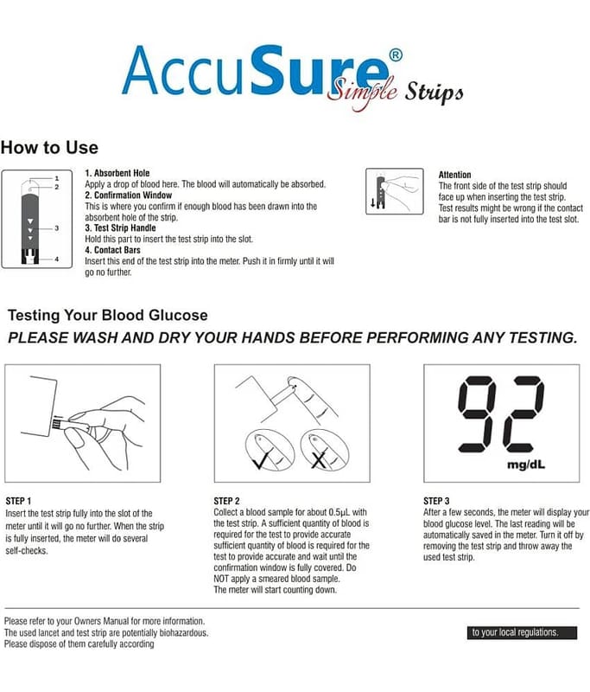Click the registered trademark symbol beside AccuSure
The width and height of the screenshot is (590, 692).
(x=396, y=55)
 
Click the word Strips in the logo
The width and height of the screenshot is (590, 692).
(x=434, y=93)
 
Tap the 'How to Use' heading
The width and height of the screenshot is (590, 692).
(x=49, y=147)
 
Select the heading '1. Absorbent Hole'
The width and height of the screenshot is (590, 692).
(x=117, y=173)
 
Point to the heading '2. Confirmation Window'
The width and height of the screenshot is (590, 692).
(x=128, y=195)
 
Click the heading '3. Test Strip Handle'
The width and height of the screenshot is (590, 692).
(x=120, y=227)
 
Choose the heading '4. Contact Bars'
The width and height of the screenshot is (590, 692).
(x=113, y=250)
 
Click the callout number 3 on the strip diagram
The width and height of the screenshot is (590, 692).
(x=56, y=228)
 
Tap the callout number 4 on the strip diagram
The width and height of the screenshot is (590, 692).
(x=56, y=259)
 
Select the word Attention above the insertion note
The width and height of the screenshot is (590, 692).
(x=454, y=175)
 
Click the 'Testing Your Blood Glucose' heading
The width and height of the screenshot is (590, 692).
(x=107, y=315)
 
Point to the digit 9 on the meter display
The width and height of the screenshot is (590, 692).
(x=477, y=414)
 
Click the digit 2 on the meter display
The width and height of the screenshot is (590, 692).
(x=523, y=414)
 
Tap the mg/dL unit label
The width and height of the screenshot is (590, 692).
(x=526, y=465)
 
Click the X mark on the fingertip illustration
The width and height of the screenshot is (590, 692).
(x=319, y=459)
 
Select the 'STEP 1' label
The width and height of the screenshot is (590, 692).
(x=18, y=501)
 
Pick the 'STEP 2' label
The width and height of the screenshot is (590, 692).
(x=226, y=501)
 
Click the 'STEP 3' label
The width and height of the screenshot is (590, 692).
(x=436, y=501)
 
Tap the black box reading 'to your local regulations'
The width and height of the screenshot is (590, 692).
(x=522, y=632)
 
